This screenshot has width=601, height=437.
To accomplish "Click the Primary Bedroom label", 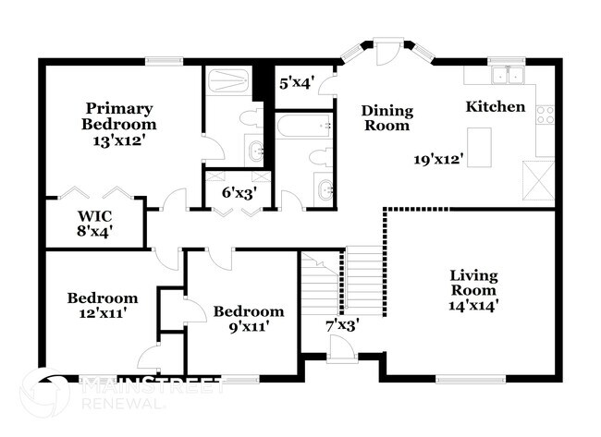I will pos(118,115).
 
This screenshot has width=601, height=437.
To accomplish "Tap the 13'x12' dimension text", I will pos(118,141).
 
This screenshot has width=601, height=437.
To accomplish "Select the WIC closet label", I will pos(93,217).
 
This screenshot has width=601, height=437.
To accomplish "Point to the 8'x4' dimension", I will pos(93,233).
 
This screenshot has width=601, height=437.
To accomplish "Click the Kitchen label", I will pos(495,107).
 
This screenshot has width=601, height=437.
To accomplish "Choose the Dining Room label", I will pos(386,118).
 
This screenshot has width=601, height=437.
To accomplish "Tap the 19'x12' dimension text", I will pos(438,159).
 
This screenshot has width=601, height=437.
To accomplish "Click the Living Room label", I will pos(473,283).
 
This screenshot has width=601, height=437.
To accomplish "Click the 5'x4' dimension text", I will pos(298,82).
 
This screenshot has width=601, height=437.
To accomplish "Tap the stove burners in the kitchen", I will pos(546,115).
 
